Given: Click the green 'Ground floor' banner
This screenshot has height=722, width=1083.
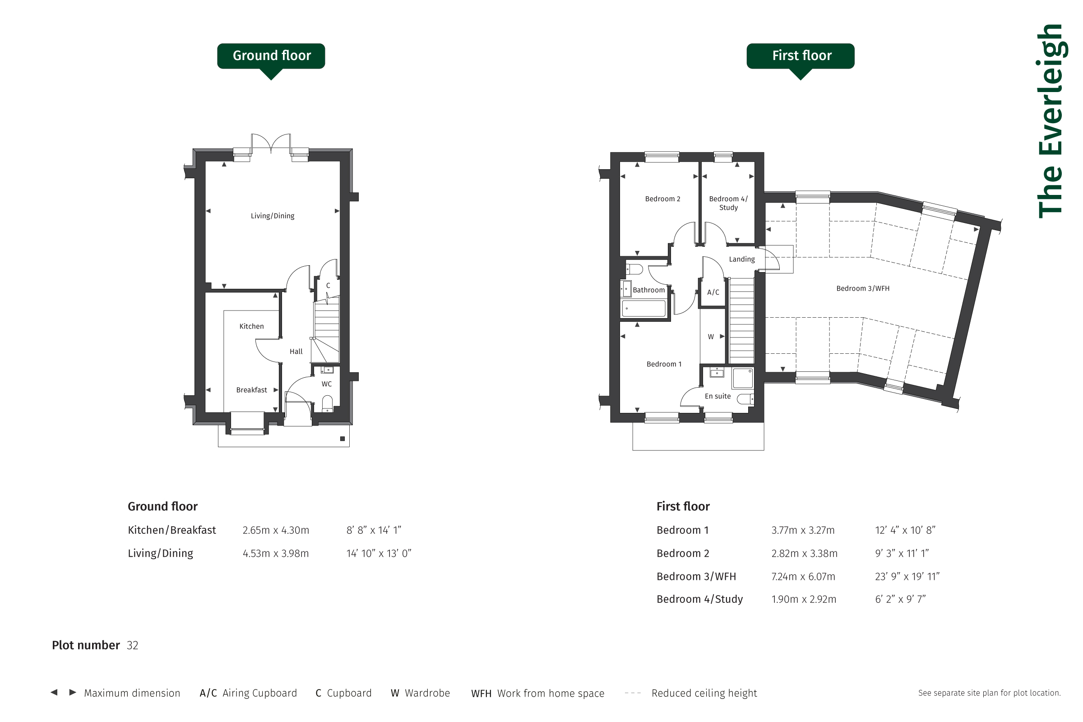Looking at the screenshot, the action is pos(271,56).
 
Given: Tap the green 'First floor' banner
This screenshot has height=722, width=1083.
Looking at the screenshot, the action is pos(800,56).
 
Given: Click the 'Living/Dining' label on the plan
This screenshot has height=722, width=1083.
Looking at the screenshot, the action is pos(273,216).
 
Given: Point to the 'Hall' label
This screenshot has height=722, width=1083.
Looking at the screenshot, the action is pos(296,352).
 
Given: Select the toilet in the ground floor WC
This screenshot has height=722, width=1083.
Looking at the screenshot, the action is pos(328,403).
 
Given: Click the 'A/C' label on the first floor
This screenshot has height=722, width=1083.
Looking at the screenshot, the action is pos(713,292).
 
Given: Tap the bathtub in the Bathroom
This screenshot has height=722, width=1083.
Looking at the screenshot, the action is pos(644,309).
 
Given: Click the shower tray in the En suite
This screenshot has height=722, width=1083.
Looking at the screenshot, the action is pos(743,378).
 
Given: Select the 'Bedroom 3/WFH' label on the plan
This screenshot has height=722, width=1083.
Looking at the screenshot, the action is pos(863,289).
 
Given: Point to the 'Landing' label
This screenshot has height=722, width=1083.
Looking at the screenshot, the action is pos(742,259).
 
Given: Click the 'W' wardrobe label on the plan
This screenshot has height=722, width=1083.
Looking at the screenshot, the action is pos(711,337).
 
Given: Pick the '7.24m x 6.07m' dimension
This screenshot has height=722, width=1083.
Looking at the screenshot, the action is pos(803,577).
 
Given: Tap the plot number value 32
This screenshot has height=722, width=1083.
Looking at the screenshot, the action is pos(132,646).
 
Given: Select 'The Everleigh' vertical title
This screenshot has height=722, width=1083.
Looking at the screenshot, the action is pos(1051,120).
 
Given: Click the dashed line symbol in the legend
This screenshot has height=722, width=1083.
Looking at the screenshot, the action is pos(633,694).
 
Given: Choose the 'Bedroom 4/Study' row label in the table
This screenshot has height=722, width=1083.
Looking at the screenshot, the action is pos(699,600).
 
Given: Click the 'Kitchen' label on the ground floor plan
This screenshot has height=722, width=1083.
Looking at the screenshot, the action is pos(251,326).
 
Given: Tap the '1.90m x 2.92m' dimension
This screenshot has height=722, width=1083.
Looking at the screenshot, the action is pos(804,600).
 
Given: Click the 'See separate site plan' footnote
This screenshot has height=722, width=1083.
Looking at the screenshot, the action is pos(989,693).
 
